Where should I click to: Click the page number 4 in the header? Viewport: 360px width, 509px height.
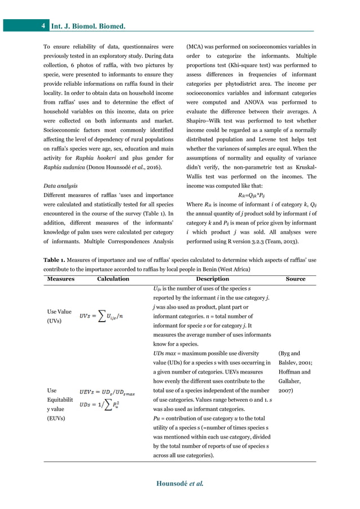pos(43,26)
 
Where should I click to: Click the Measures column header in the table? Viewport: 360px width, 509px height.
pos(60,279)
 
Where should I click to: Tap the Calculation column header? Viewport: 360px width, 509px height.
pos(113,279)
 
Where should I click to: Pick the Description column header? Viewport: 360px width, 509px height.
pos(212,279)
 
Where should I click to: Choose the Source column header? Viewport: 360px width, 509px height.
pos(295,279)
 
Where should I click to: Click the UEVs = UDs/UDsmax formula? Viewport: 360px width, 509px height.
pos(107,390)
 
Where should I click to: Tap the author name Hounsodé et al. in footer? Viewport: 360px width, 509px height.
pos(179,483)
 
